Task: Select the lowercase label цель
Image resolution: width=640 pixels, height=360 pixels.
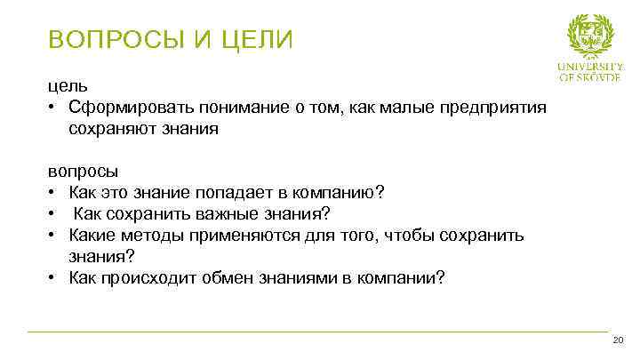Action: (68, 86)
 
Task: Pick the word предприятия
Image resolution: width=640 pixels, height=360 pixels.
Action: (484, 108)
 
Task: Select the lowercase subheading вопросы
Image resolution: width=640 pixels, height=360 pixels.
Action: (83, 171)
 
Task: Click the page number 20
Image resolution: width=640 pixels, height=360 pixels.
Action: (619, 342)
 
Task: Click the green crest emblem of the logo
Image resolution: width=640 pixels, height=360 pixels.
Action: (590, 36)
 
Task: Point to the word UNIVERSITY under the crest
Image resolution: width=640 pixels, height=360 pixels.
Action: (590, 67)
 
